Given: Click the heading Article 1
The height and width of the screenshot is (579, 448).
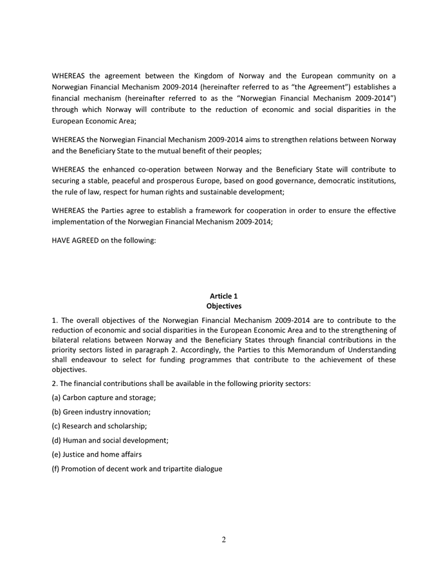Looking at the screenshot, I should coord(223,296).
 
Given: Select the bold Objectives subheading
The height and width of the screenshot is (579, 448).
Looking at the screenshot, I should coord(223,306).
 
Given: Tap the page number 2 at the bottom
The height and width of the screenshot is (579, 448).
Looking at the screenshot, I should coord(224,540).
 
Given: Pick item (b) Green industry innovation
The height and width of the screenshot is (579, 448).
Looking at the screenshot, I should coord(101,412).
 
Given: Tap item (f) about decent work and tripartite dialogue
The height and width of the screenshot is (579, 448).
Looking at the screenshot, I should coord(137,468).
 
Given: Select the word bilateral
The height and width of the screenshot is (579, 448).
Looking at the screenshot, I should coord(68,339).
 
